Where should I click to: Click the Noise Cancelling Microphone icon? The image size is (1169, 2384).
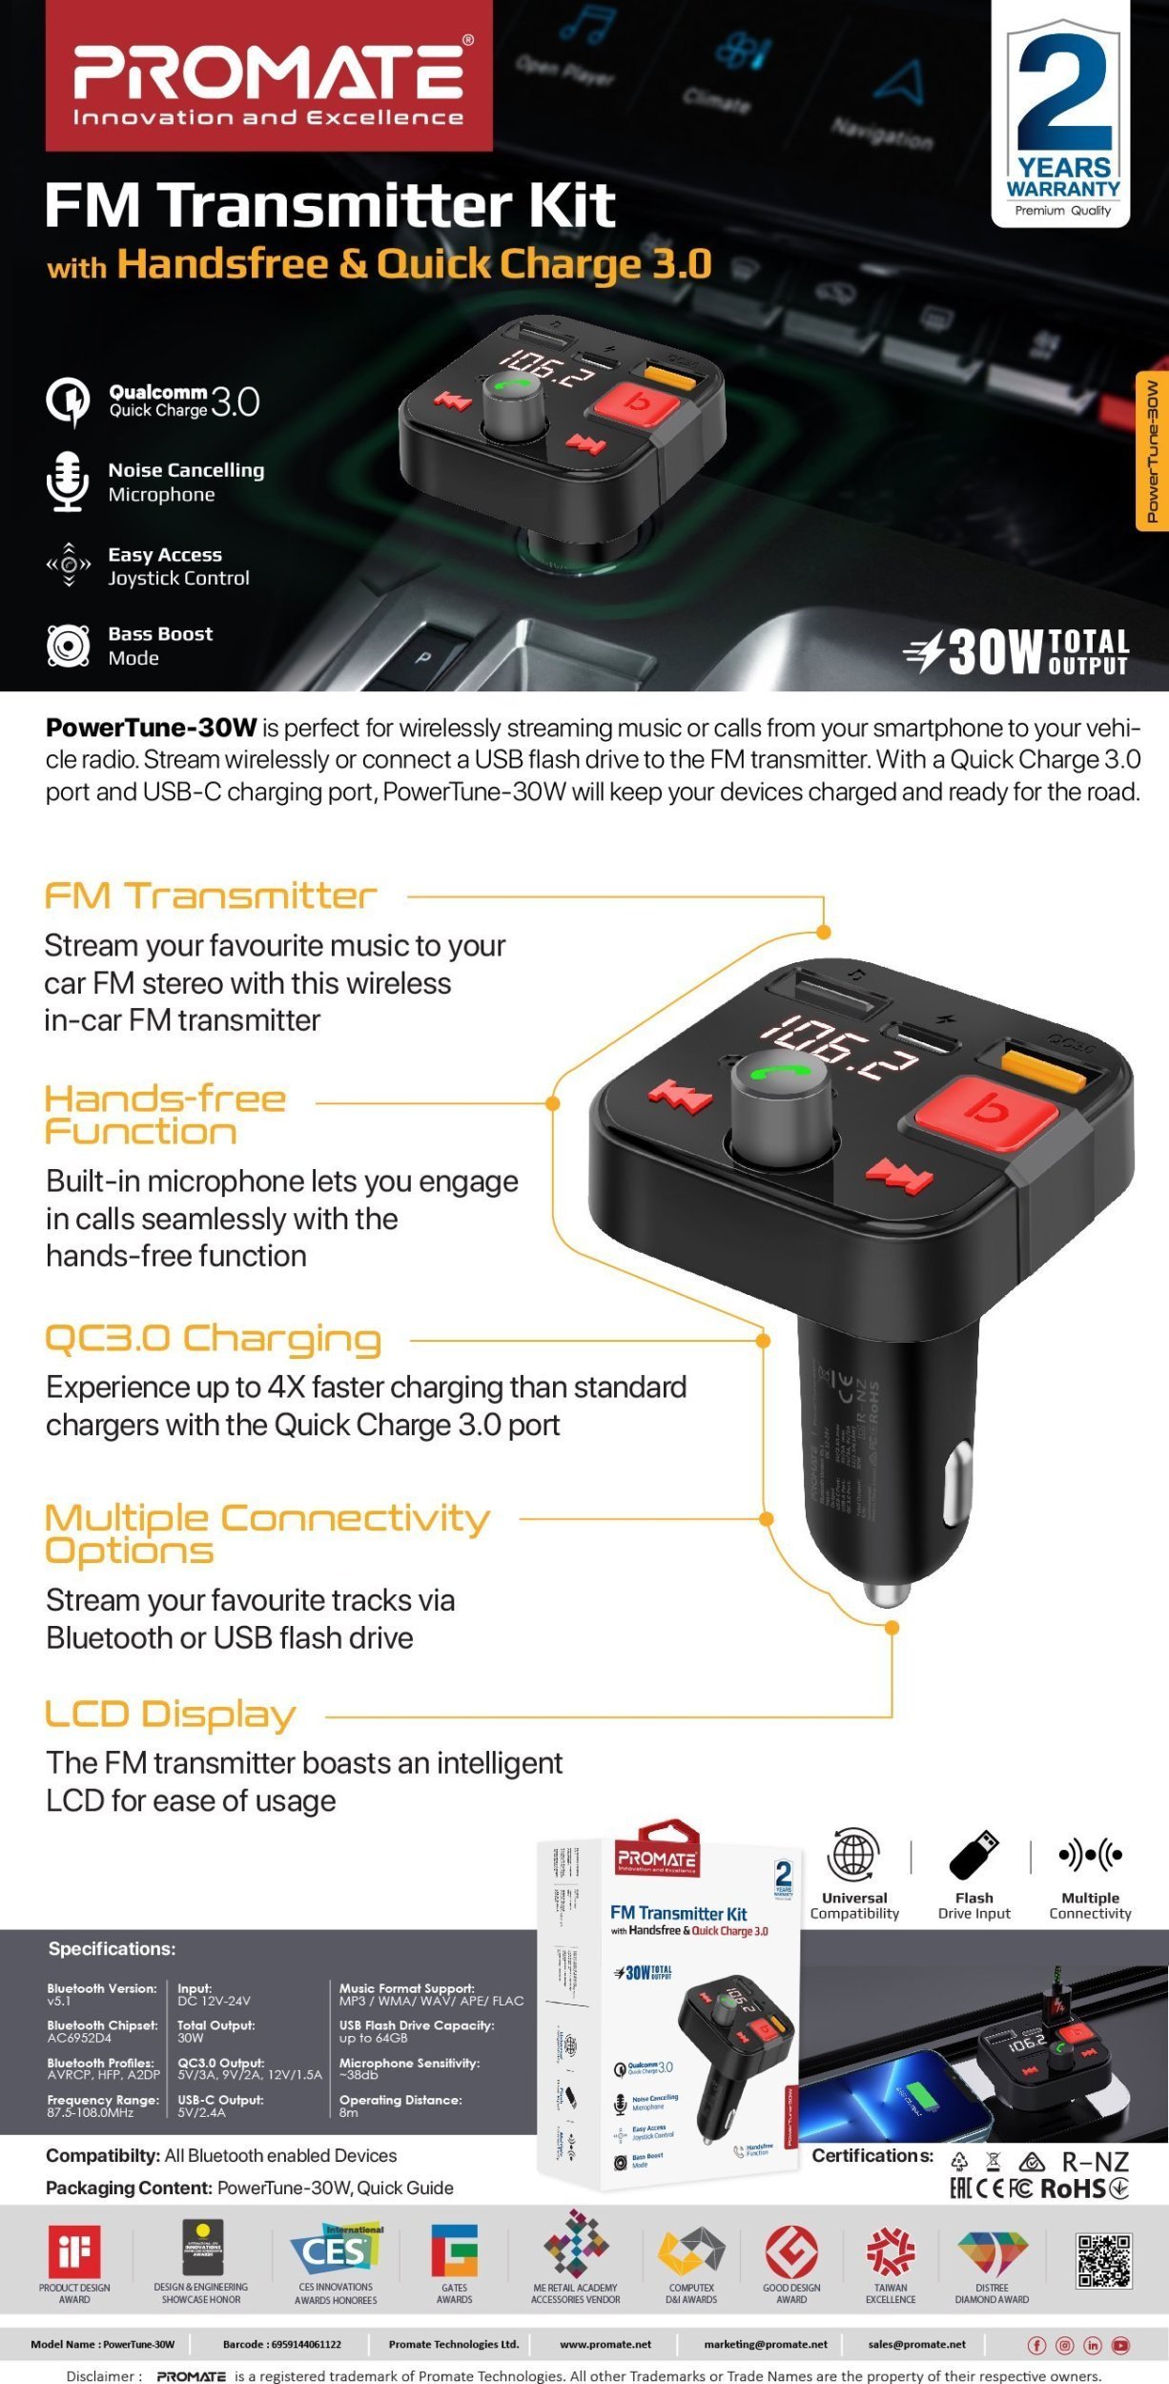pos(68,481)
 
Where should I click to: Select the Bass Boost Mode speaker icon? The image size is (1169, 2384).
pos(68,646)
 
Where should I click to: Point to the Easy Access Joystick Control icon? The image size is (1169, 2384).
pos(69,565)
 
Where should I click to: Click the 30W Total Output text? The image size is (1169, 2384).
pos(1016,653)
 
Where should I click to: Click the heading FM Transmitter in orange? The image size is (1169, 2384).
pos(211,896)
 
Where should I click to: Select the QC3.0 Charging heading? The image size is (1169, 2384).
pos(214,1340)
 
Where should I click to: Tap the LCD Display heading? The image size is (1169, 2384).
pos(171,1715)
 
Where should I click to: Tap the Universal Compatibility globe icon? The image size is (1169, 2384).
pos(853,1855)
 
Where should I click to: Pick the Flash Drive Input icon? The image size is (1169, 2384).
pos(974,1855)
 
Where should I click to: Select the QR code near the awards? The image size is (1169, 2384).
pos(1104,2260)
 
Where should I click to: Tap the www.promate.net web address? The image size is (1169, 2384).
pos(605,2344)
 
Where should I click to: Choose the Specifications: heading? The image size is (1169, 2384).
pos(113,1949)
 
